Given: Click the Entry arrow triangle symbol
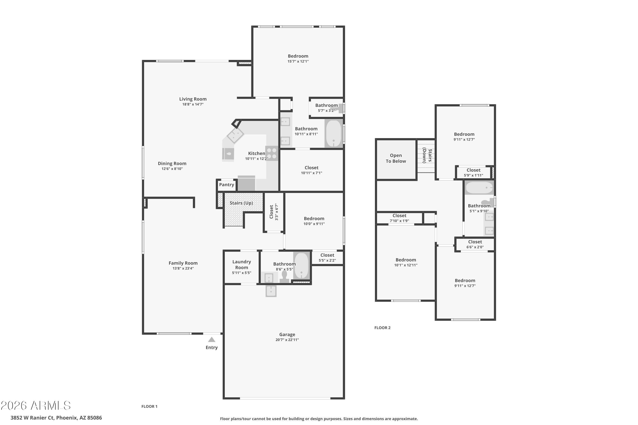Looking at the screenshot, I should point(212,340).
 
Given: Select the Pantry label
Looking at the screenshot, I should point(226,185).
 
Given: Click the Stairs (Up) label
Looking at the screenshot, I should point(241,203).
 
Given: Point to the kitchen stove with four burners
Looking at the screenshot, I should point(272,153).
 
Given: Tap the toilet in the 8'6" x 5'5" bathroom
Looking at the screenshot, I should point(284,277).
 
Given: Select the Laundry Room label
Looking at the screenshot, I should point(241,265).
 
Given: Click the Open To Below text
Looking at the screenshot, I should point(396,158).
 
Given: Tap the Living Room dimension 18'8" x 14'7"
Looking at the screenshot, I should point(193,104).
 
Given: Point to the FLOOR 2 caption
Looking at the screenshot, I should point(382,328).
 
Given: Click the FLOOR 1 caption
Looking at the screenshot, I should point(149,406).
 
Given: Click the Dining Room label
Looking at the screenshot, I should point(172,163).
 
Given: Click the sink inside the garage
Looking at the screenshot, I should point(271,291).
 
